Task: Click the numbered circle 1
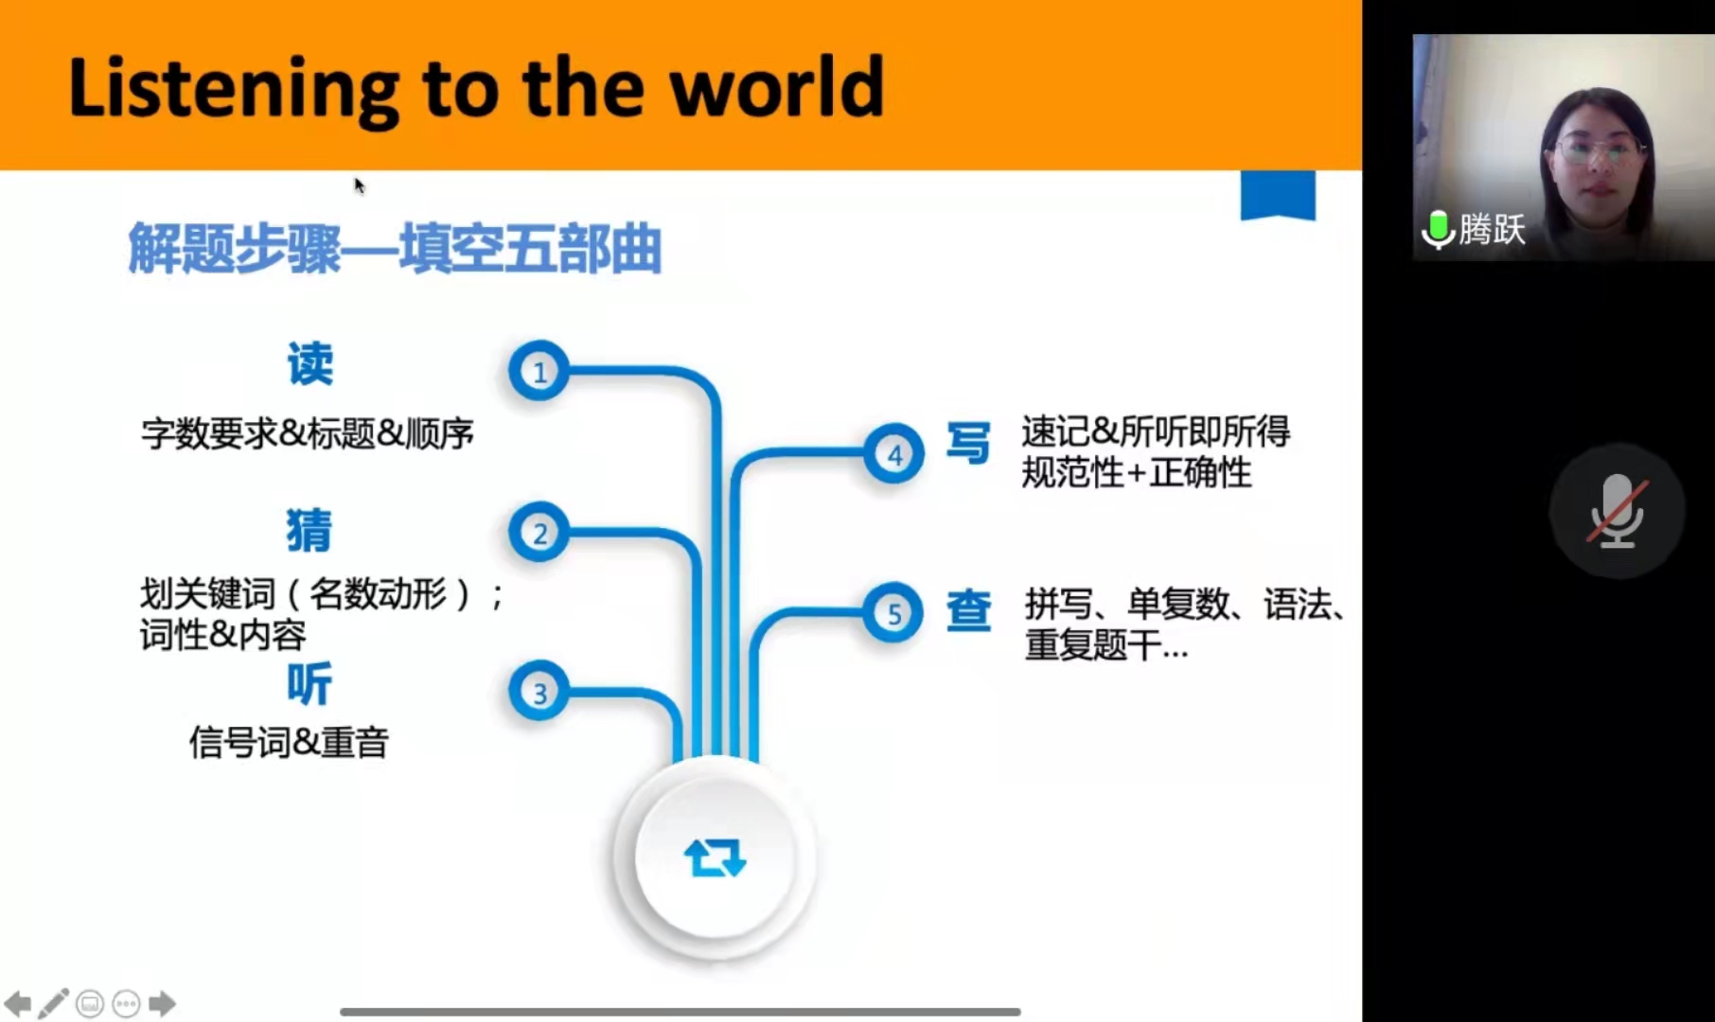tap(539, 371)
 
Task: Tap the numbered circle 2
tap(539, 533)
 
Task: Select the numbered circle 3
tap(539, 692)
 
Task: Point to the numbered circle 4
tap(893, 454)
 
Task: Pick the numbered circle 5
tap(893, 613)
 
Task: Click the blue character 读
tap(310, 364)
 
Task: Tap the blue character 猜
tap(309, 530)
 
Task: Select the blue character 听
tap(309, 684)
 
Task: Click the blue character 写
tap(968, 443)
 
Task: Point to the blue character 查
tap(968, 610)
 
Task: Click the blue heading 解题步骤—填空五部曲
tap(395, 248)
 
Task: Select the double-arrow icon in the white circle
tap(715, 857)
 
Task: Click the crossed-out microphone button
tap(1618, 511)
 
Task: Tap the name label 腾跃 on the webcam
tap(1492, 230)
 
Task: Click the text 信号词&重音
tap(289, 743)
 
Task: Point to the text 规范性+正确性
tap(1136, 472)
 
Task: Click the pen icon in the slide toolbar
tap(53, 1003)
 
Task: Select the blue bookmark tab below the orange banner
tap(1278, 195)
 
